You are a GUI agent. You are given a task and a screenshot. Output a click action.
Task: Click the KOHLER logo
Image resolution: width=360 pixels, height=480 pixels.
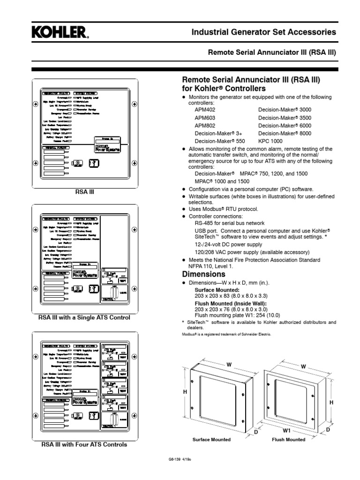coord(59,33)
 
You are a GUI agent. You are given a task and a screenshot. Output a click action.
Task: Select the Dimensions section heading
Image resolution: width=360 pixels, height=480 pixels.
coord(204,274)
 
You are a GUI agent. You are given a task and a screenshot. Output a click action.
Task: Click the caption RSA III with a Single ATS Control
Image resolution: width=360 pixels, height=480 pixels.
coord(84,318)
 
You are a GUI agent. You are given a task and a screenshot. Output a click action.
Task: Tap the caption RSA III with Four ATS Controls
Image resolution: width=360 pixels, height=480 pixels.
coord(84,444)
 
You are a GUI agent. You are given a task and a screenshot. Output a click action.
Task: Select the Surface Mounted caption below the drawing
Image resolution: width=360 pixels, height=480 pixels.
coord(212,440)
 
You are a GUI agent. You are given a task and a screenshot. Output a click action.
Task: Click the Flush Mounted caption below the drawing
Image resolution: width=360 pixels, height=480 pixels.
coord(289,440)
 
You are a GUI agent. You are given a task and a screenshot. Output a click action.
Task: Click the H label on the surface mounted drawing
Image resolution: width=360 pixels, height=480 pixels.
coord(185,392)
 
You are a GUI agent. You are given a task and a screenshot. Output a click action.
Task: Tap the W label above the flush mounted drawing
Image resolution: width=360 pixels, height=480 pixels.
coord(303,366)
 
